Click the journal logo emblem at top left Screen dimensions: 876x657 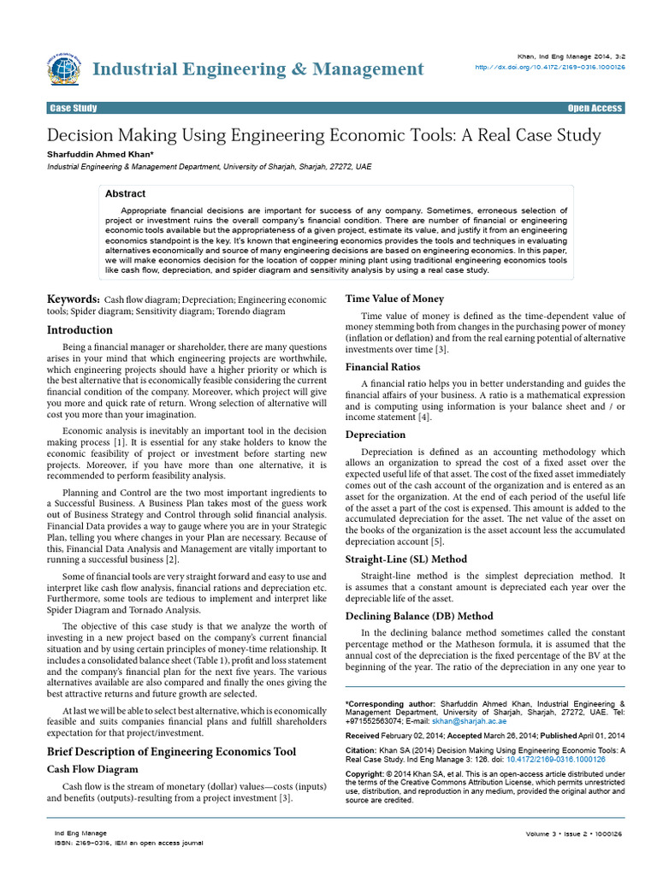coord(65,68)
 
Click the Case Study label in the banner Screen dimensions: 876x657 coord(74,108)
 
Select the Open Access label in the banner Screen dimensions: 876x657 coord(595,108)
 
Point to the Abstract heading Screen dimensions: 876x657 coord(125,194)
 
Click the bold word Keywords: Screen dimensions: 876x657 coord(73,299)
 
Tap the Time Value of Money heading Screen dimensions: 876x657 coord(394,299)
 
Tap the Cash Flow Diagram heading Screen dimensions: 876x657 coord(92,769)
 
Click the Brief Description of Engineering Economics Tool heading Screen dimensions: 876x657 coord(171,751)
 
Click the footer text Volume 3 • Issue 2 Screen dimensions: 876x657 coord(557,832)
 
